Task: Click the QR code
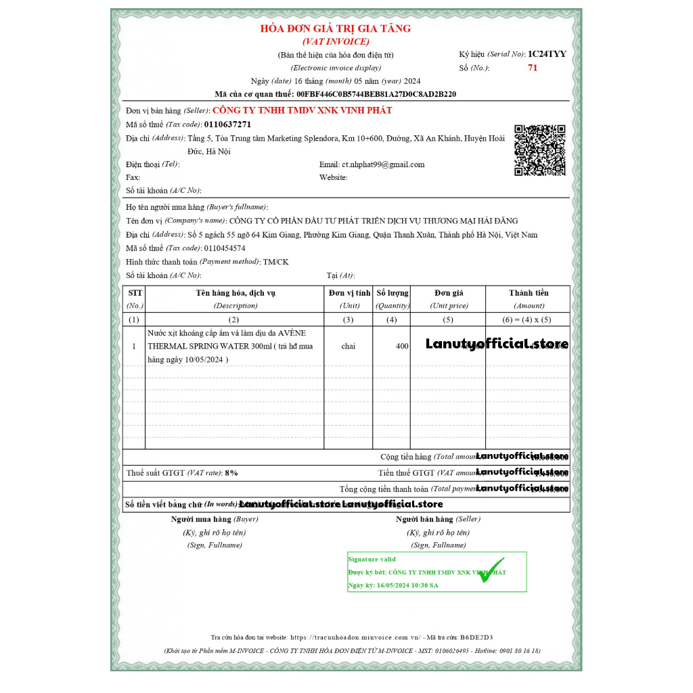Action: pos(539,150)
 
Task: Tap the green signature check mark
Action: pos(493,573)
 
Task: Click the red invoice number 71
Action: pos(533,68)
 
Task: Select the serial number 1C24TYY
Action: pos(547,53)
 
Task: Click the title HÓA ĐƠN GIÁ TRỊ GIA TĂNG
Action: pos(336,28)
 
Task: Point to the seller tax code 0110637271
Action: pos(227,125)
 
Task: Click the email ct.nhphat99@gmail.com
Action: pos(383,164)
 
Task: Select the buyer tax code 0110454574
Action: pos(224,248)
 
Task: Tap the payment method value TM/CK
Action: pos(275,262)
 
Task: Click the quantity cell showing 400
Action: pos(402,346)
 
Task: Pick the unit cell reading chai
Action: pos(348,346)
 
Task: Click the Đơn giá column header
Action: pos(448,293)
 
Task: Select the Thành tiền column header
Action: pos(529,293)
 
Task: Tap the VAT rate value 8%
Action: pos(231,473)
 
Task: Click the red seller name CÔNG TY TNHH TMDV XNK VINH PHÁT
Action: pos(303,110)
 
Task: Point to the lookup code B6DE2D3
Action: pos(476,637)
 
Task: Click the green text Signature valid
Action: pos(372,560)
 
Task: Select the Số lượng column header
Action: pos(393,293)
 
